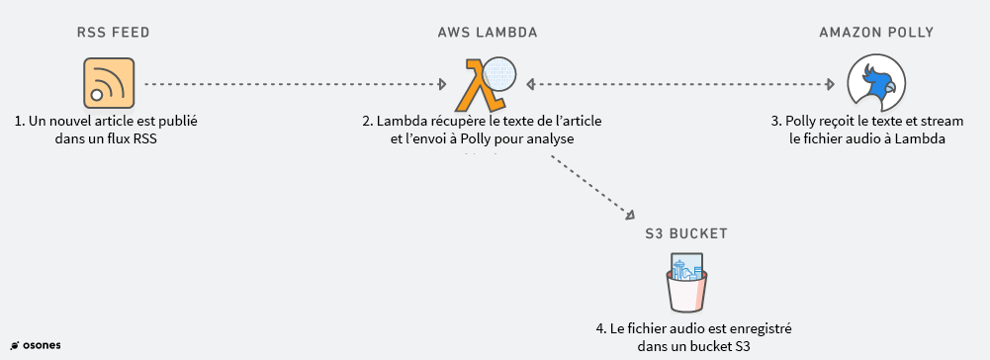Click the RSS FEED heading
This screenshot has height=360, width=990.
[x=112, y=33]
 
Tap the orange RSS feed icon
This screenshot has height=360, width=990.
[x=108, y=83]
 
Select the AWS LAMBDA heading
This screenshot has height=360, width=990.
[x=488, y=33]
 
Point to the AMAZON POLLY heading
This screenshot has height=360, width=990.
[x=876, y=33]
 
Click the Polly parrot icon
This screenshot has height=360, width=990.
[x=876, y=83]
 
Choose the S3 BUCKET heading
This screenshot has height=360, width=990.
[x=686, y=233]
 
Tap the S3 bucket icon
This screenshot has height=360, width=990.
[x=686, y=282]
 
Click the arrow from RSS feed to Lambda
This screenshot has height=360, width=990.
[x=297, y=84]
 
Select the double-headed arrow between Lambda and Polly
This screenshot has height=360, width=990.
[x=682, y=84]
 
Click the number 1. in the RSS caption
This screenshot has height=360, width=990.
[x=20, y=122]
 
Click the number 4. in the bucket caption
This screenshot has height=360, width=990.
[x=601, y=327]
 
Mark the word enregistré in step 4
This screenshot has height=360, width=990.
[x=763, y=327]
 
